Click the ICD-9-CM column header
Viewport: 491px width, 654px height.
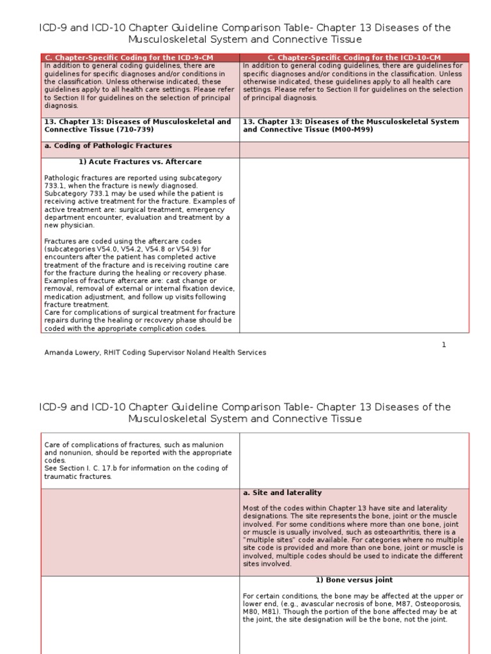[x=140, y=58]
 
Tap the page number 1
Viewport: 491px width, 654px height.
[x=444, y=345]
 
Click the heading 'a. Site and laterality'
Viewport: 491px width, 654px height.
[x=282, y=493]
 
